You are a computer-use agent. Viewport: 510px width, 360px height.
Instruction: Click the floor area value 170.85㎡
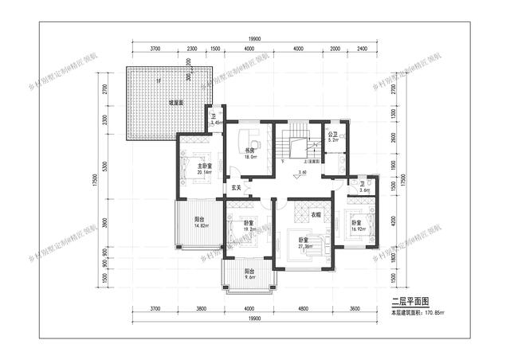(437, 313)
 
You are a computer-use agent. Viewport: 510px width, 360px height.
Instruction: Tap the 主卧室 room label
(194, 166)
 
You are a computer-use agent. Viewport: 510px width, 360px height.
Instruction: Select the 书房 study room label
(249, 150)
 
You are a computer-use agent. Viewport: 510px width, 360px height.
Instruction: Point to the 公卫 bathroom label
(334, 135)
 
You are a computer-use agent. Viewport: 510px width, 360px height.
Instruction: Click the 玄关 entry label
(236, 188)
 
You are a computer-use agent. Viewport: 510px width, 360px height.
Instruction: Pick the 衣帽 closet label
(316, 214)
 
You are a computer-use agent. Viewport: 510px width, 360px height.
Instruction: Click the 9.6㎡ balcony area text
(249, 278)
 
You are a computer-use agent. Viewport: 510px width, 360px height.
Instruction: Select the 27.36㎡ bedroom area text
(303, 247)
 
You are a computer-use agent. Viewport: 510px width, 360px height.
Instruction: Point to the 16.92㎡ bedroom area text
(358, 229)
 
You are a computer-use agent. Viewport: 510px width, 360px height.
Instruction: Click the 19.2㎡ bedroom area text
(249, 229)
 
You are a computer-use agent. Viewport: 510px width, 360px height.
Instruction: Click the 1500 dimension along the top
(215, 50)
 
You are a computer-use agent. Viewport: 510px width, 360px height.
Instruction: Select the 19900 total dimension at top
(254, 39)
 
